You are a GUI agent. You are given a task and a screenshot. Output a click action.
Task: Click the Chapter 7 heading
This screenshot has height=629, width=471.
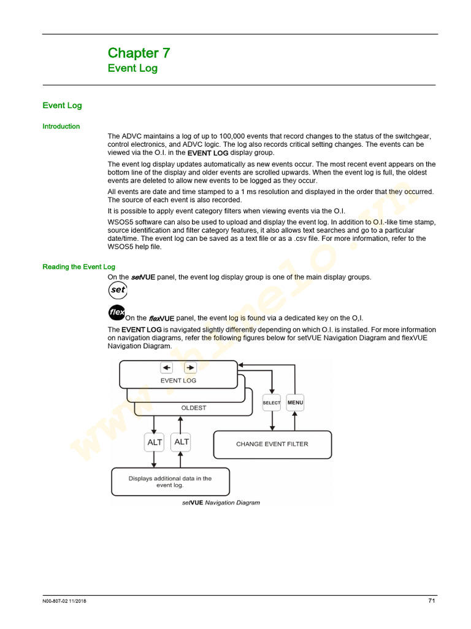(139, 53)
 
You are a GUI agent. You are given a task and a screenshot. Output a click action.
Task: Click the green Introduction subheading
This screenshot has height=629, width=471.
(61, 127)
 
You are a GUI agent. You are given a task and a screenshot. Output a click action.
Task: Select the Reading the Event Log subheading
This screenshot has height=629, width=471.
(78, 267)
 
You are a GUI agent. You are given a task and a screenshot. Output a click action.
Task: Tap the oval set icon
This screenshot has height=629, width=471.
(117, 290)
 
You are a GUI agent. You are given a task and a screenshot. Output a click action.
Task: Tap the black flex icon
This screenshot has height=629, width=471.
(117, 312)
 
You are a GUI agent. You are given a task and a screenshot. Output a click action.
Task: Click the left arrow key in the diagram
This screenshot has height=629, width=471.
(167, 367)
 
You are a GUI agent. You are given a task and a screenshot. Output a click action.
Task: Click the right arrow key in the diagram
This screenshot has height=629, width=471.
(190, 367)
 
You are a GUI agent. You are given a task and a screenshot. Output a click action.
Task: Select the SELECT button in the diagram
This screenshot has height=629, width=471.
(271, 403)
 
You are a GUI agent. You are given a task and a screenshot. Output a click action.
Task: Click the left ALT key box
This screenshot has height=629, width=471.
(155, 442)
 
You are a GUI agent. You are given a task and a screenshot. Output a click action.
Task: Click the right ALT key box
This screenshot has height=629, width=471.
(182, 442)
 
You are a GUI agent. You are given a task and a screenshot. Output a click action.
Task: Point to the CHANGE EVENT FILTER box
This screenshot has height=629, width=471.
(272, 444)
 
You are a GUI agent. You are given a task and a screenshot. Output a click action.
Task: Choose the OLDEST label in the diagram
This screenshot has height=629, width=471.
(193, 408)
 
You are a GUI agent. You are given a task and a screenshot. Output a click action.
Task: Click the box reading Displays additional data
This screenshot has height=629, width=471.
(170, 482)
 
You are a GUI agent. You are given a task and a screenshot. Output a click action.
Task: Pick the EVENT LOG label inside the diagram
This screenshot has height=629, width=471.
(178, 380)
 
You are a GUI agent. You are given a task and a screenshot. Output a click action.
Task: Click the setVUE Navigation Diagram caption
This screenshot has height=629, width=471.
(221, 502)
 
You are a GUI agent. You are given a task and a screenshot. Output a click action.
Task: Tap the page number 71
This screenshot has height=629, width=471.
(431, 601)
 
